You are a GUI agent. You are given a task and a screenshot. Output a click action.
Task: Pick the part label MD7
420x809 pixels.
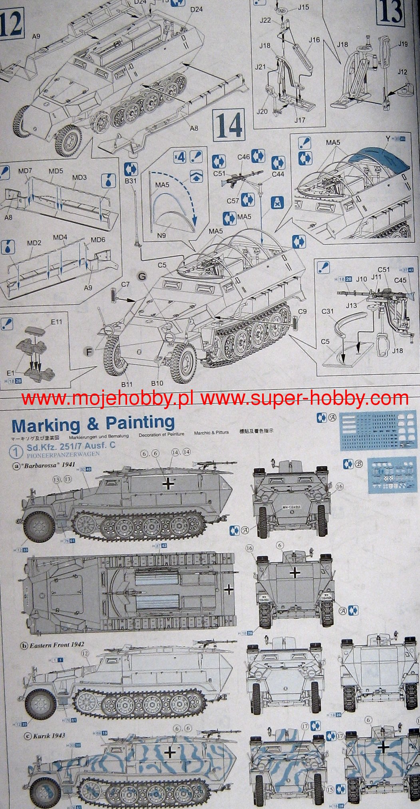(25, 171)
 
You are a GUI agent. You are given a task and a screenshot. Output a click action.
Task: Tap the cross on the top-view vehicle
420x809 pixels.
(229, 589)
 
